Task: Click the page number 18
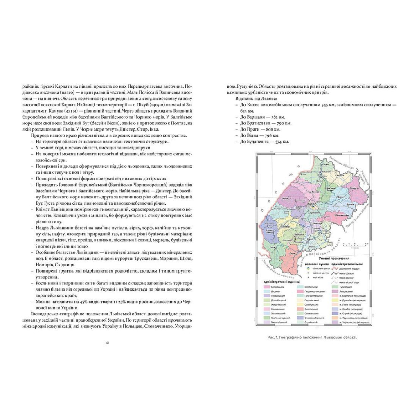pyautogui.click(x=107, y=342)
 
